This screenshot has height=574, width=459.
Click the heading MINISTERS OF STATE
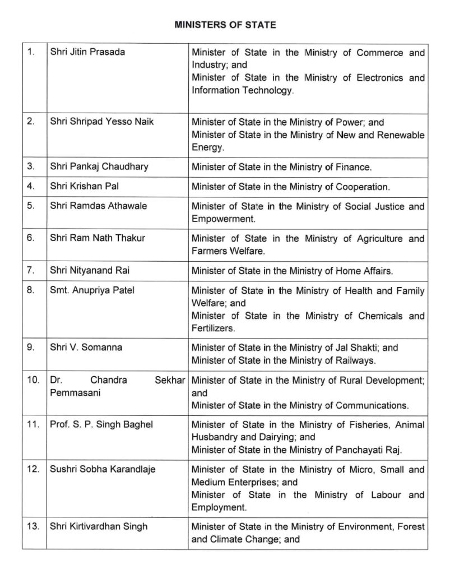click(225, 25)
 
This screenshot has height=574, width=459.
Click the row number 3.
click(31, 166)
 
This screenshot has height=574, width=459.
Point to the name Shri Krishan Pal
click(86, 186)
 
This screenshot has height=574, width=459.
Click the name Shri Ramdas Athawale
click(99, 206)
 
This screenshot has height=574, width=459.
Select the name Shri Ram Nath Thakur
click(98, 238)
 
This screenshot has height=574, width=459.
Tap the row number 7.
click(31, 270)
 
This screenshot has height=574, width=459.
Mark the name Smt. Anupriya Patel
click(92, 290)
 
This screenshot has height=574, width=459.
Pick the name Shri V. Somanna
click(86, 347)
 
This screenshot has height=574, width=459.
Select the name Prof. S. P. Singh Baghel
click(101, 424)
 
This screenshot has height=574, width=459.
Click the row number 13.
click(33, 526)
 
